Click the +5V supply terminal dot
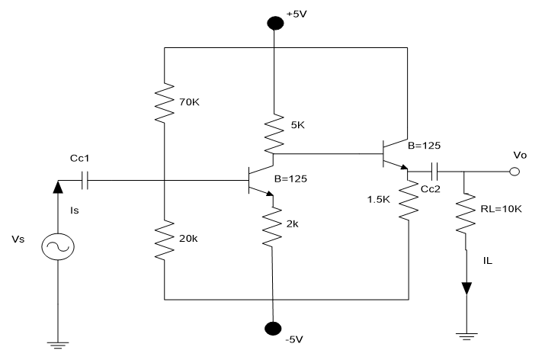(271, 22)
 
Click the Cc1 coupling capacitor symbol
(85, 181)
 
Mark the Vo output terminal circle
(515, 171)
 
